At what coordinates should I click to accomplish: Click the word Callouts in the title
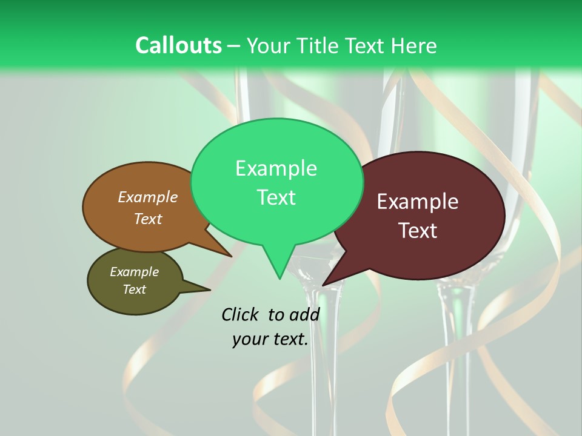(x=178, y=45)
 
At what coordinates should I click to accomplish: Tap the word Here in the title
(x=415, y=45)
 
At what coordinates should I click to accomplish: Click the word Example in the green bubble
(x=276, y=168)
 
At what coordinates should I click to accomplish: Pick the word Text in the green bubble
(x=276, y=197)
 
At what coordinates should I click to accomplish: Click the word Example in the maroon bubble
(x=418, y=202)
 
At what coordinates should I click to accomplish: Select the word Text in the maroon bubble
(x=418, y=231)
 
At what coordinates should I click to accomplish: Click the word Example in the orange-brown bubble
(x=148, y=197)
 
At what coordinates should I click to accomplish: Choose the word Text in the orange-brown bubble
(x=148, y=219)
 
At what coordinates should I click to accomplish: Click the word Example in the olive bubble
(x=134, y=272)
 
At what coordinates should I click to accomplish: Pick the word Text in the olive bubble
(x=134, y=289)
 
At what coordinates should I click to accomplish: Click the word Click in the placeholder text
(x=240, y=314)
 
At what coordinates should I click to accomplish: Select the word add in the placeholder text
(x=304, y=314)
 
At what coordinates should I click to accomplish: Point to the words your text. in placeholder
(x=270, y=340)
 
